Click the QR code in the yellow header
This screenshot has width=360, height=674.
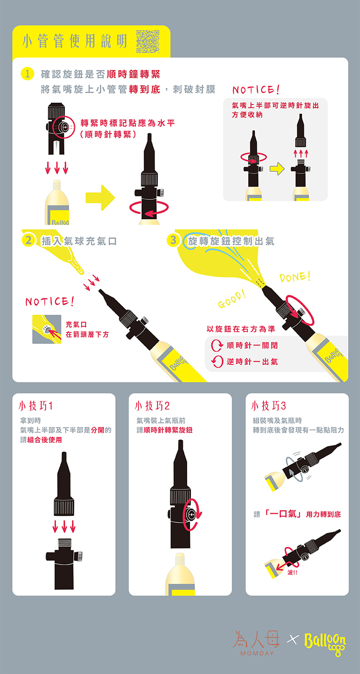coord(148,42)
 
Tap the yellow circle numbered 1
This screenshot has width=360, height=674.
coord(27,74)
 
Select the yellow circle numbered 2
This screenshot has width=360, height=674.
coord(28,240)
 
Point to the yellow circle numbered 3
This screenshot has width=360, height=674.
coord(173,240)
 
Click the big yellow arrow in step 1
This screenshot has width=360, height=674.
coord(100,198)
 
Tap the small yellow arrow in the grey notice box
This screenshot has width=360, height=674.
coord(277,169)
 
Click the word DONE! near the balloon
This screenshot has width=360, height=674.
coord(295,277)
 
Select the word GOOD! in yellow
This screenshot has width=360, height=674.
coord(232,299)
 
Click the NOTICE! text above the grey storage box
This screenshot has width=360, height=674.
coord(256,89)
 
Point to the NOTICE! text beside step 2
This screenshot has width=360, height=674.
coord(49,301)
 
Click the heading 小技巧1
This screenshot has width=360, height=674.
coord(36,406)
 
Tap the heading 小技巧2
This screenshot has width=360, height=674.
coord(152,406)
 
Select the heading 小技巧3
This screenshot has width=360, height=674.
coord(268,406)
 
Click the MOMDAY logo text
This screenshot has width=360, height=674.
coord(257,653)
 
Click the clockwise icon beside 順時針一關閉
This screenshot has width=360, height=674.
coord(216,345)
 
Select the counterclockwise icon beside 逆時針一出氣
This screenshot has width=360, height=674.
coord(217,361)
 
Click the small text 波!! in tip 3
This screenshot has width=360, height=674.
coord(292,572)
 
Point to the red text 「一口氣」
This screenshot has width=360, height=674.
coord(283,514)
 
